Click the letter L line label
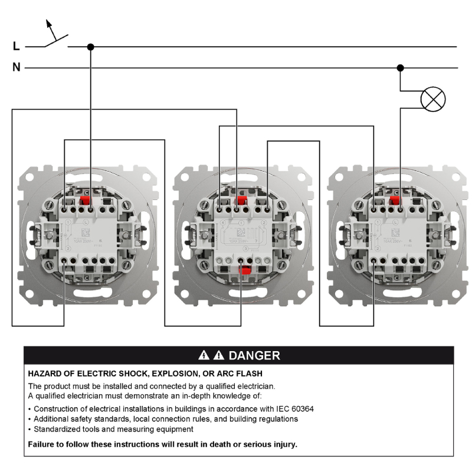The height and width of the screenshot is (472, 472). click(16, 47)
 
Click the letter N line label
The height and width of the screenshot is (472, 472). click(17, 68)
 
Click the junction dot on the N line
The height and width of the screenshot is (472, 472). click(401, 68)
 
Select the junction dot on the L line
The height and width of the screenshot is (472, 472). click(90, 47)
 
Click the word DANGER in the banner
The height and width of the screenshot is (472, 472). click(254, 355)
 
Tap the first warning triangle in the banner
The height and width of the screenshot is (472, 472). click(204, 355)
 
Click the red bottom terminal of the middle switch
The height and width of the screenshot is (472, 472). click(242, 271)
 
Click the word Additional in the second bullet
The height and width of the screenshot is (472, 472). click(53, 419)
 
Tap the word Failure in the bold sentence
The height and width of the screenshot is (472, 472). click(42, 444)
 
